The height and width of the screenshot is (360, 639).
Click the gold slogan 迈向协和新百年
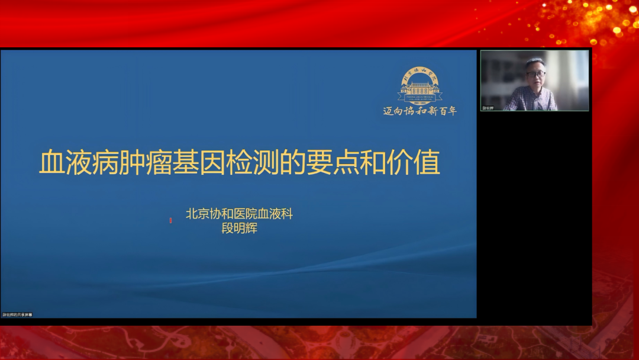click(x=420, y=111)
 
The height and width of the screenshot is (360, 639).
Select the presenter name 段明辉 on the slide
click(x=240, y=229)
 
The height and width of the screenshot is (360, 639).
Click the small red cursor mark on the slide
click(x=170, y=220)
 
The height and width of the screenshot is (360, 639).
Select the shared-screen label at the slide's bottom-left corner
click(x=17, y=314)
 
